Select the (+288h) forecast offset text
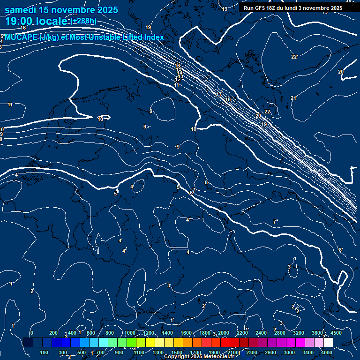click(84, 21)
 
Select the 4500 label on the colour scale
click(336, 333)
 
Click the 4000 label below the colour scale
click(327, 352)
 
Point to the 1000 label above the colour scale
click(129, 333)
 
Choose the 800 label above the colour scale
click(110, 333)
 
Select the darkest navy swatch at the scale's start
click(28, 343)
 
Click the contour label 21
click(293, 98)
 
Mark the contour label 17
click(219, 95)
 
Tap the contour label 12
click(178, 80)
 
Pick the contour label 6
click(191, 193)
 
